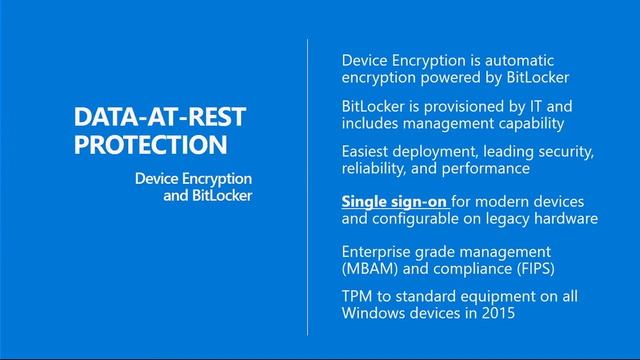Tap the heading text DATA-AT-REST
tap(159, 118)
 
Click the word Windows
tap(375, 314)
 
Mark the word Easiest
tap(370, 151)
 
